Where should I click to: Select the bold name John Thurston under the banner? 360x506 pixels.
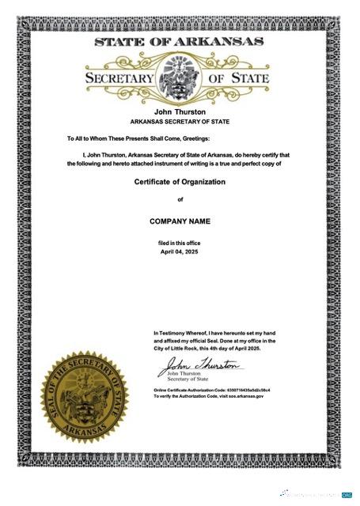(180, 113)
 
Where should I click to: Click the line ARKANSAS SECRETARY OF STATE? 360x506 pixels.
(180, 123)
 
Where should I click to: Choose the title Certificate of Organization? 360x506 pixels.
(180, 182)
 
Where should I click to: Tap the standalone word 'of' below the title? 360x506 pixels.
(180, 199)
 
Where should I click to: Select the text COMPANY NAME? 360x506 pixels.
(180, 221)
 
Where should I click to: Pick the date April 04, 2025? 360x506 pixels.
(180, 251)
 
